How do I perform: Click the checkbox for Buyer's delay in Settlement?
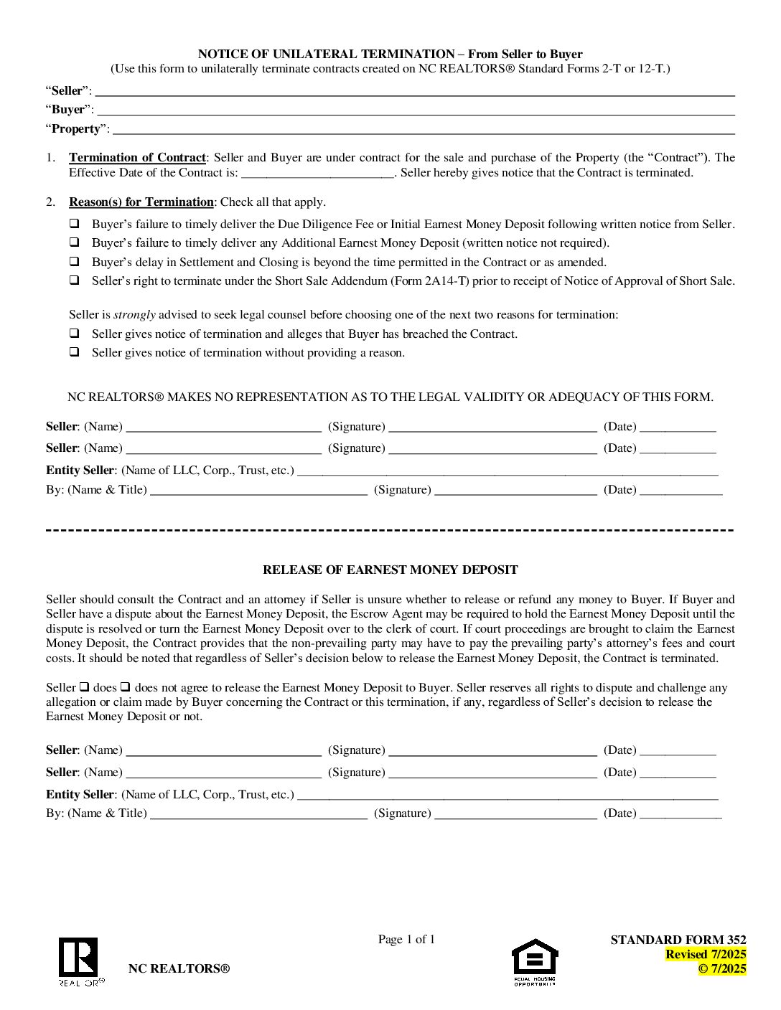pos(74,262)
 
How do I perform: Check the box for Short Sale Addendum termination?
pos(74,280)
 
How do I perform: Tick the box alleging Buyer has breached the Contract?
pos(74,334)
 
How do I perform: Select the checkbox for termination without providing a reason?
pos(74,352)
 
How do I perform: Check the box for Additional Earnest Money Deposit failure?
pos(74,242)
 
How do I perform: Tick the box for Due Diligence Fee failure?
pos(74,224)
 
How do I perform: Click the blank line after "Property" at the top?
pos(424,130)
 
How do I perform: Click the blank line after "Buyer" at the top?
pos(416,110)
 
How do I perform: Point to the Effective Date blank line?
pos(317,173)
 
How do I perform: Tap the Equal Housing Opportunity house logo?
pos(535,958)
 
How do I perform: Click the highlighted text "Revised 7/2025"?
pos(706,954)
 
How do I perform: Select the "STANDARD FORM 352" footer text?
pos(678,940)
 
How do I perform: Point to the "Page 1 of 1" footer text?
pos(406,939)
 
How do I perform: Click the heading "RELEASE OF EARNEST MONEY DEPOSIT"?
pos(390,570)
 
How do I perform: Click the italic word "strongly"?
pos(134,314)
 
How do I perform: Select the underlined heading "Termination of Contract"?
pos(137,157)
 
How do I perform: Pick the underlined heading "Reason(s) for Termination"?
pos(141,202)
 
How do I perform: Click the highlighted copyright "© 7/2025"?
pos(722,968)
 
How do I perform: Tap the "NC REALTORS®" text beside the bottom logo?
pos(179,968)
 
